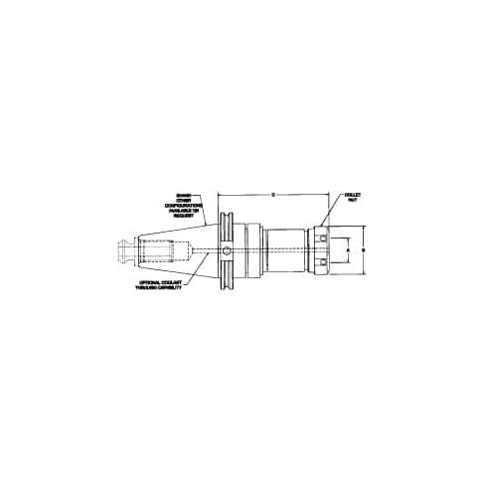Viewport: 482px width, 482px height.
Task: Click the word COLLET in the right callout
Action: [353, 194]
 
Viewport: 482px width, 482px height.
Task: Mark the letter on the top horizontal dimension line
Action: [272, 194]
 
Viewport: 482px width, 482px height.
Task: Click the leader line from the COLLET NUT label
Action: [334, 210]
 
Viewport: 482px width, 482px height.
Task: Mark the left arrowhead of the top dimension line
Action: [221, 194]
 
